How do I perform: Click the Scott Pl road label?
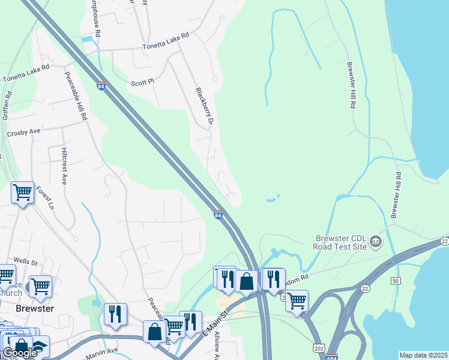[143, 83]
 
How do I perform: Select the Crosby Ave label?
[23, 132]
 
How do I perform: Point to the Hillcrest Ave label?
[64, 163]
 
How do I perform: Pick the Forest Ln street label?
[44, 197]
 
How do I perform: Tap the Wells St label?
[25, 262]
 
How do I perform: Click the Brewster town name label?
[35, 308]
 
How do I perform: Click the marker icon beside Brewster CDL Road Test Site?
[376, 242]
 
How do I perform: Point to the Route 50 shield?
[395, 281]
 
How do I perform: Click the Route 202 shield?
[318, 347]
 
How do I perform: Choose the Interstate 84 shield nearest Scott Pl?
[101, 86]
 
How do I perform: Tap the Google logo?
[20, 353]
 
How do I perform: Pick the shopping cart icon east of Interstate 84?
[297, 300]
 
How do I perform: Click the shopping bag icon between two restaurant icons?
[246, 281]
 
